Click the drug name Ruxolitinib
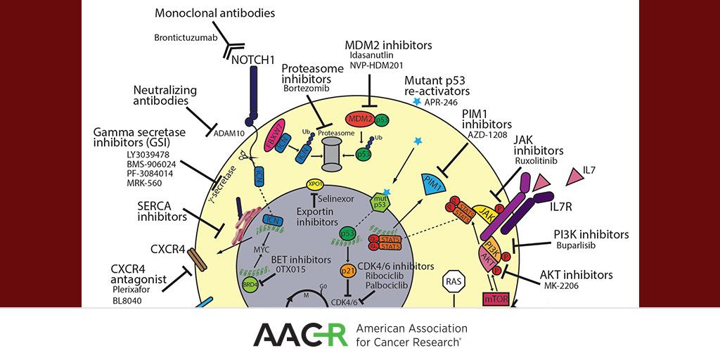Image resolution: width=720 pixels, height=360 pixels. click(538, 161)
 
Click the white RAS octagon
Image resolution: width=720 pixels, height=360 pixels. click(453, 283)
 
